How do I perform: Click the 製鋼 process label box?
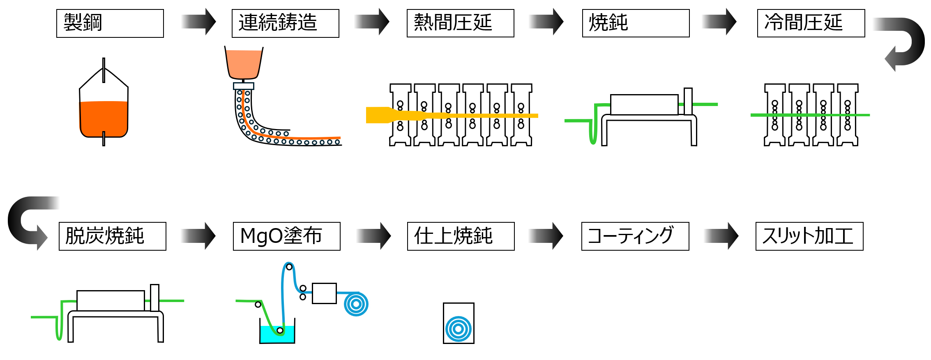pos(110,23)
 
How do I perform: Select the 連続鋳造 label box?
pos(285,23)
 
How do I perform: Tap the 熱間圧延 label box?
pos(460,23)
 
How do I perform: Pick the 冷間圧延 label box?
pos(811,23)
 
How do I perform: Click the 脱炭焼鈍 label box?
pos(112,236)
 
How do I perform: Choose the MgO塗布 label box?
pos(286,236)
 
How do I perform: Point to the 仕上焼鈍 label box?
pos(461,236)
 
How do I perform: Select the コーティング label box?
pos(635,236)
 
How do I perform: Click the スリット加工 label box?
pos(809,236)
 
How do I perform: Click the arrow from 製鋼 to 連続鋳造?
pos(199,22)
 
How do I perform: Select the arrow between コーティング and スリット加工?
pos(721,236)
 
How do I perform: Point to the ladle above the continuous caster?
pos(244,62)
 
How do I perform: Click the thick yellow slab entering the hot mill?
pos(380,115)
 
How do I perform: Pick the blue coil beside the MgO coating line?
pos(356,305)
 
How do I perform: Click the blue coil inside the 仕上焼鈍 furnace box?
pos(459,328)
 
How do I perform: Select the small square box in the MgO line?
pos(324,293)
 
